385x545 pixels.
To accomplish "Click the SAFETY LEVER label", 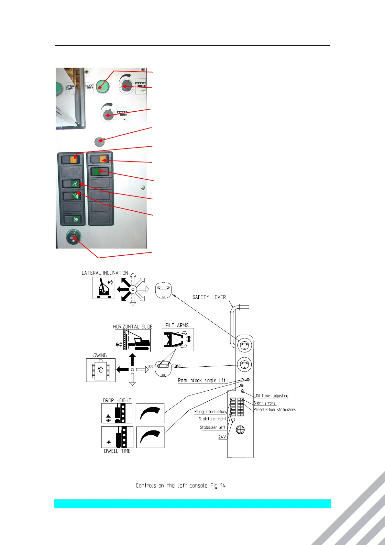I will (209, 297).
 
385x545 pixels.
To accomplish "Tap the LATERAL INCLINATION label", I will (105, 273).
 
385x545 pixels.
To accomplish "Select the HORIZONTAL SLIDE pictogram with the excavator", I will (133, 341).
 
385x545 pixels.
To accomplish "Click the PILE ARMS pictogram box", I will (178, 339).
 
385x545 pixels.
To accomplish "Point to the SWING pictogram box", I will (101, 370).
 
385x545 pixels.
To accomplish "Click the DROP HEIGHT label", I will (117, 400).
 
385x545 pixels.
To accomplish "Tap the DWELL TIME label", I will (117, 451).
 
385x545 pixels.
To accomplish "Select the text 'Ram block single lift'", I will (202, 380).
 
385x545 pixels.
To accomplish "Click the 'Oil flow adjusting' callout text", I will (272, 395).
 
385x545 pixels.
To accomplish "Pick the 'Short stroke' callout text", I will (264, 403).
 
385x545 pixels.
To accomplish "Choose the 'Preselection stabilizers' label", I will (274, 409).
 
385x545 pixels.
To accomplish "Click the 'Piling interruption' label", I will (210, 411).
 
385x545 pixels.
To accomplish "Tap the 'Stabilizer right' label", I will (212, 419).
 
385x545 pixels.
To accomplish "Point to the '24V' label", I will (222, 437).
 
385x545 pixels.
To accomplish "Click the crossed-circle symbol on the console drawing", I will (240, 430).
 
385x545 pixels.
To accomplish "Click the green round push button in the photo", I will (103, 86).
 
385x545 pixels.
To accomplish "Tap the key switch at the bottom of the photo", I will (73, 238).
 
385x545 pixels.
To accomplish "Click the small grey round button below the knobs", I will (99, 142).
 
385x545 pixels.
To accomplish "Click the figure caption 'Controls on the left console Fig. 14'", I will (181, 485).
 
